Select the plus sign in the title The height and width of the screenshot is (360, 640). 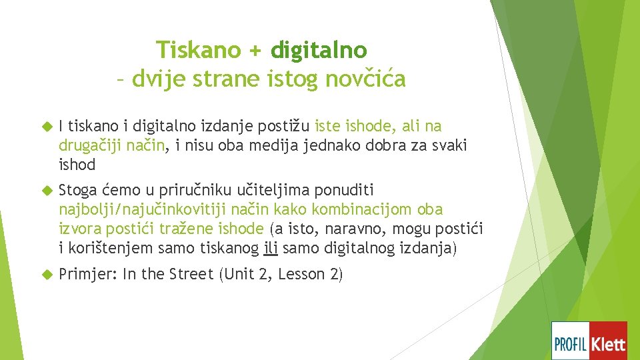255,50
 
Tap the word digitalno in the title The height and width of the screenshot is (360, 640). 319,50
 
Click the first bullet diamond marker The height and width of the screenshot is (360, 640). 46,127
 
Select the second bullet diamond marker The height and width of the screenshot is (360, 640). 46,191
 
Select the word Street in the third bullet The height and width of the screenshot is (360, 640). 191,274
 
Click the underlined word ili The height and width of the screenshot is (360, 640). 270,249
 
